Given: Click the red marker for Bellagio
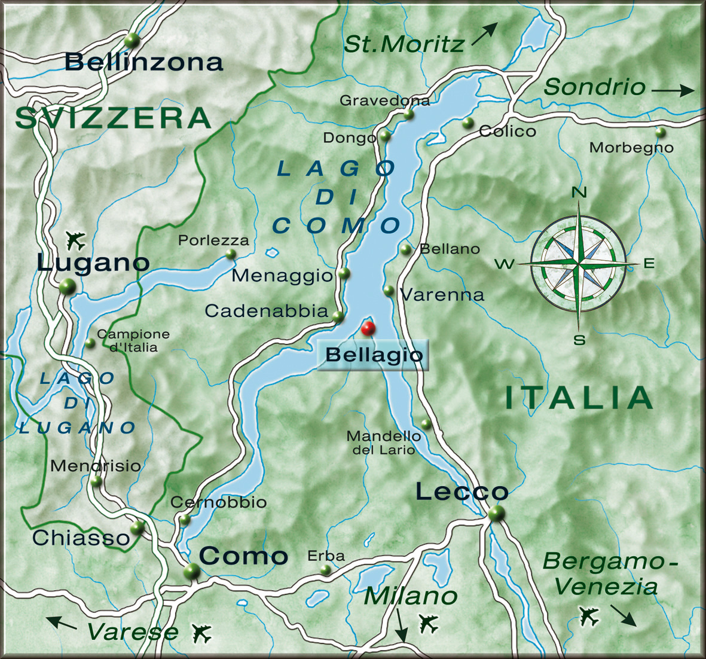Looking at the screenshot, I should [x=368, y=328].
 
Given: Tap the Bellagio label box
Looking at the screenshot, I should [x=374, y=355].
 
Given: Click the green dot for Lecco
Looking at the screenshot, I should [x=496, y=513].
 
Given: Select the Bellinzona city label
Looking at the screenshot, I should [x=144, y=62].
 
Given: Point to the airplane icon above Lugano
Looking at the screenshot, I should [x=76, y=240].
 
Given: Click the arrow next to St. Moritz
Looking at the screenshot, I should [x=484, y=34].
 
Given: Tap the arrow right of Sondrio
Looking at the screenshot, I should [x=673, y=91].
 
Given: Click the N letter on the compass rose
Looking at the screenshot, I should [x=579, y=193].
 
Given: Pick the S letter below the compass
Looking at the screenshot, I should [x=579, y=340].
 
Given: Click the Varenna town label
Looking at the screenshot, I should [x=442, y=295].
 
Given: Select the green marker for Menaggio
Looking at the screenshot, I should [x=344, y=273].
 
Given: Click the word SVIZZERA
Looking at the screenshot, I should [x=114, y=118].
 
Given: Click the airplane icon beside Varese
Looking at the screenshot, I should [x=202, y=632].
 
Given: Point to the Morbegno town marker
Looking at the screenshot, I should [x=660, y=132].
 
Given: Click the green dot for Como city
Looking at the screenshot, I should [x=192, y=570].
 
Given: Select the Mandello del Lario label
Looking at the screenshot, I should [x=383, y=443].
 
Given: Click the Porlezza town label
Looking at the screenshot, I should [x=213, y=240].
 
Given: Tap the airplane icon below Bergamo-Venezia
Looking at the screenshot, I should [x=589, y=615].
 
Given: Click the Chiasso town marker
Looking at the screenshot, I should [x=137, y=527].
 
